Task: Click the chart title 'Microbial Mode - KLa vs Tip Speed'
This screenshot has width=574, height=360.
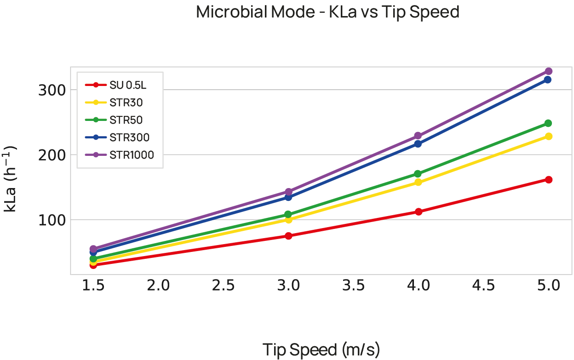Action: pyautogui.click(x=327, y=12)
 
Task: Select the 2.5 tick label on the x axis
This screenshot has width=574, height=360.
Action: pyautogui.click(x=224, y=286)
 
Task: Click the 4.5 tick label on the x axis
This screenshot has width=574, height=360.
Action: pyautogui.click(x=483, y=286)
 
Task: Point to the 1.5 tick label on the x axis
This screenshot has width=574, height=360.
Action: pyautogui.click(x=93, y=286)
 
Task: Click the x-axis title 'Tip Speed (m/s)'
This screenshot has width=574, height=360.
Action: pyautogui.click(x=321, y=350)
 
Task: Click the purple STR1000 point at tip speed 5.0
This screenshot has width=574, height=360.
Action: pyautogui.click(x=548, y=71)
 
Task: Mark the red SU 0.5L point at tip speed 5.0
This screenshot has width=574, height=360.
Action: pyautogui.click(x=548, y=179)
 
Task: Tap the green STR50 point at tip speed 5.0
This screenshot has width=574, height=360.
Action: pyautogui.click(x=548, y=123)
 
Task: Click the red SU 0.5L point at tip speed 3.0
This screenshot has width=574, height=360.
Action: pyautogui.click(x=288, y=236)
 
